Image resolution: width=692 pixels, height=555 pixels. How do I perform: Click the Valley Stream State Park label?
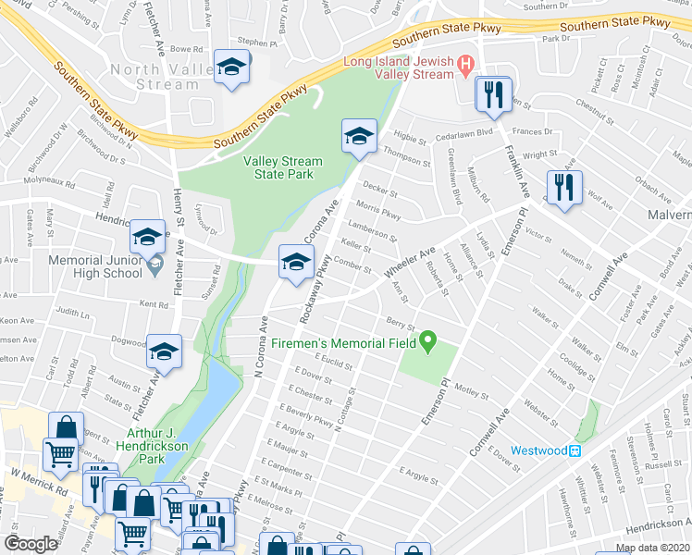[x=283, y=167]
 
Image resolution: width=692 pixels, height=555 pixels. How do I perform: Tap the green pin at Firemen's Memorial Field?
[x=427, y=342]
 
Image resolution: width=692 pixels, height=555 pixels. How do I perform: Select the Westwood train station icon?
[x=575, y=451]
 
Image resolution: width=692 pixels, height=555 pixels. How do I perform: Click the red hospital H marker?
[x=466, y=65]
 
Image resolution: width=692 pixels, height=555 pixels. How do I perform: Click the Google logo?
[x=31, y=544]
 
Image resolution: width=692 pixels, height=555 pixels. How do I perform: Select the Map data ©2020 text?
[x=652, y=548]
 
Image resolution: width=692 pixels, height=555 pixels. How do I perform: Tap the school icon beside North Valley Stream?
[x=230, y=68]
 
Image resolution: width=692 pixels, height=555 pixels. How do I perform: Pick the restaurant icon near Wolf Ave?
[x=562, y=187]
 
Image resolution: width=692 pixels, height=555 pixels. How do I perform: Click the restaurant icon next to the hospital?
[x=493, y=92]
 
